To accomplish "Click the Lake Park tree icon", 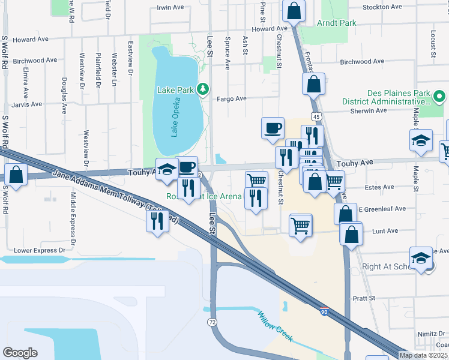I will pos(203,90).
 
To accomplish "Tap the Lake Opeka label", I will pos(175,117).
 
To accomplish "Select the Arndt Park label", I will pos(337,23).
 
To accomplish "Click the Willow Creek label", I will pos(275,326).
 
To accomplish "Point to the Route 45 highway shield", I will pos(315,115).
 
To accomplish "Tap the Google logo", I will pos(20,353).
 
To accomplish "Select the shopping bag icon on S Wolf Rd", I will pos(16,175).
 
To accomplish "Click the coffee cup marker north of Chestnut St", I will pos(273,128).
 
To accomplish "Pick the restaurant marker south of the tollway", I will pos(157,221).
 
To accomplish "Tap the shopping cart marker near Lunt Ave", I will pos(301,226).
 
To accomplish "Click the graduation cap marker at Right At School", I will pos(421,258).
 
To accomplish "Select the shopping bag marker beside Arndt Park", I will pos(294,10).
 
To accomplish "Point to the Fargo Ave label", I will pos(232,99).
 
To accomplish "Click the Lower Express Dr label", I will pos(39,250).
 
